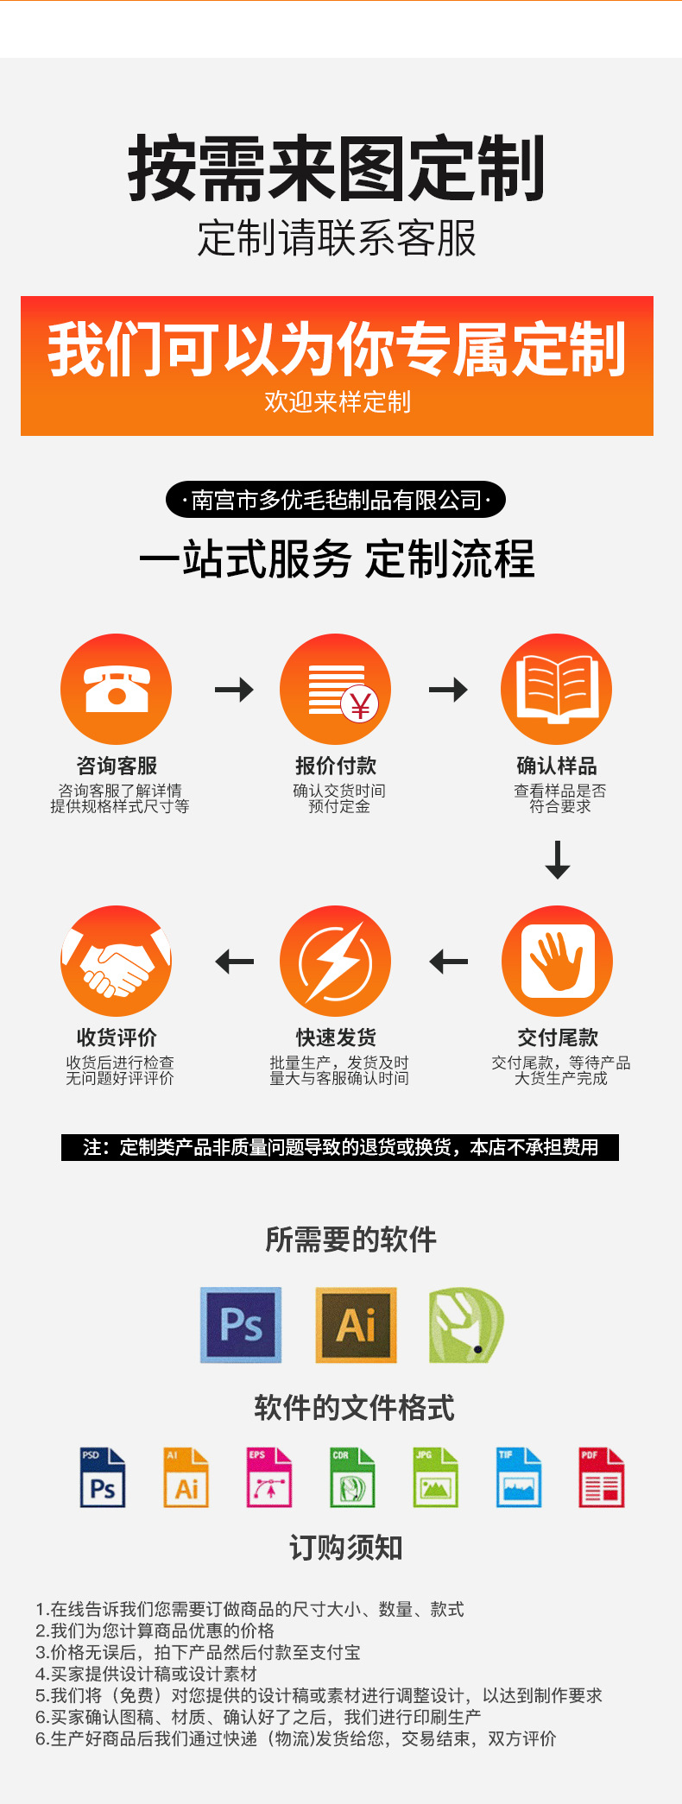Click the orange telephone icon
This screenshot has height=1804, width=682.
(x=116, y=689)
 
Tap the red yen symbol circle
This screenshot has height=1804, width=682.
(x=360, y=705)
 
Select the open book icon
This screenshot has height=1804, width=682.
(x=556, y=689)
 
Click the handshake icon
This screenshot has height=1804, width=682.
(x=116, y=961)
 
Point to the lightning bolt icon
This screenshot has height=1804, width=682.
(x=336, y=961)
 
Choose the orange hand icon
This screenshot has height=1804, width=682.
(x=557, y=961)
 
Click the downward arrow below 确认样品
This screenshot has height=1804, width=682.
(x=558, y=860)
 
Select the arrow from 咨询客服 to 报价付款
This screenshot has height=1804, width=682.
(x=234, y=689)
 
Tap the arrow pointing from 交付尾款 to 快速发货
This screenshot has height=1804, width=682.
(x=448, y=961)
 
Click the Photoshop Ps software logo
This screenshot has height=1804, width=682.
(x=241, y=1325)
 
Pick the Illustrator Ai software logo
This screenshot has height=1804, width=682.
(x=356, y=1325)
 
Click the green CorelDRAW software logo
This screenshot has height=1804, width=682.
(x=465, y=1325)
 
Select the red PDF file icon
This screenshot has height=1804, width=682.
(x=601, y=1478)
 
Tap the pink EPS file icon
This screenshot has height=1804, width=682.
(x=269, y=1478)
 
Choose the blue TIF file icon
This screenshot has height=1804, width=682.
(x=518, y=1478)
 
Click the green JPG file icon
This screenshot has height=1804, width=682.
(x=435, y=1478)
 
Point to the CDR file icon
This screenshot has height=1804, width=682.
(x=352, y=1478)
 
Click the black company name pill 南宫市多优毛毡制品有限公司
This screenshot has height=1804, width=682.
(x=336, y=500)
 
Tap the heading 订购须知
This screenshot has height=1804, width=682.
(x=345, y=1548)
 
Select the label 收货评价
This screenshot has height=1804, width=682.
(x=117, y=1038)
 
